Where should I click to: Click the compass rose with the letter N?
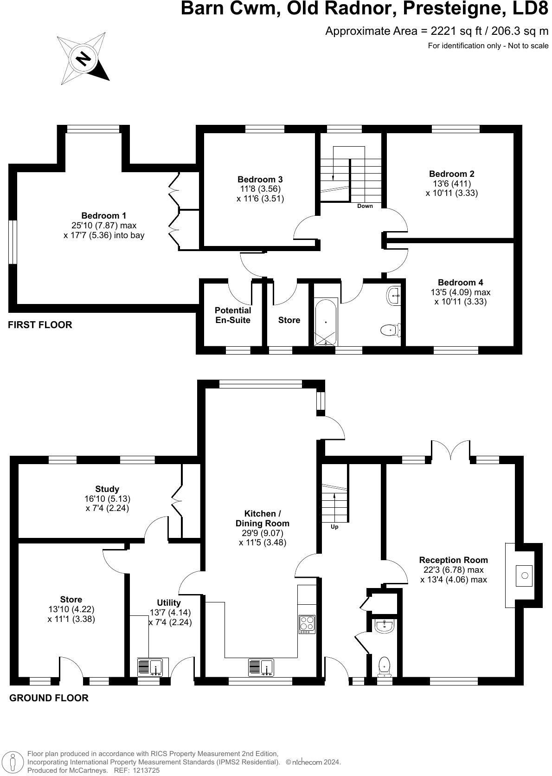[83, 59]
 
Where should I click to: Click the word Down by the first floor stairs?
[365, 206]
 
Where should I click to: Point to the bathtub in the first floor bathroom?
[326, 321]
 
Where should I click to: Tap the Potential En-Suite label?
[233, 315]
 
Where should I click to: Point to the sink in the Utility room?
[149, 667]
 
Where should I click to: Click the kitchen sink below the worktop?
[261, 667]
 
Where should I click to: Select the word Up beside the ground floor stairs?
[334, 527]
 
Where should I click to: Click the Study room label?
[107, 489]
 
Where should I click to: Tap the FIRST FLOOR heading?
[40, 325]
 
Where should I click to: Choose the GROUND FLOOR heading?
[49, 698]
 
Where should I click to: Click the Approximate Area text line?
[436, 31]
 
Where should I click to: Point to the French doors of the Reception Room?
[450, 450]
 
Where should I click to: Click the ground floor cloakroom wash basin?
[384, 627]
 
